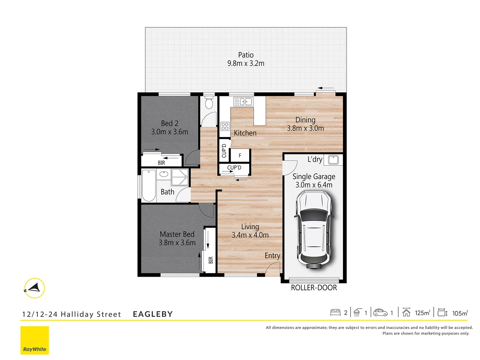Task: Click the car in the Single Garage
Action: click(314, 230)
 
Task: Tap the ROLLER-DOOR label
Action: click(314, 288)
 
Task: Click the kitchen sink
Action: click(243, 101)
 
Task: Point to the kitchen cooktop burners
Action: click(225, 126)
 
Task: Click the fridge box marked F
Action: click(240, 156)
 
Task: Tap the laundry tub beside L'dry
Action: click(333, 160)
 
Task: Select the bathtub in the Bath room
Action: click(149, 185)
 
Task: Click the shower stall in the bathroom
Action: click(180, 177)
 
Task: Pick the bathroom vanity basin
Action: click(164, 174)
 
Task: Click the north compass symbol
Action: click(34, 288)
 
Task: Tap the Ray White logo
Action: click(35, 340)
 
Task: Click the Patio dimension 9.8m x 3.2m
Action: click(246, 63)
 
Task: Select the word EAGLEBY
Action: click(153, 314)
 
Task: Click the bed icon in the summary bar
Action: click(335, 313)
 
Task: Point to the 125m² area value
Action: click(422, 313)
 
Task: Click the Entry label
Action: click(272, 256)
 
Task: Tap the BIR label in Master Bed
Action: click(211, 260)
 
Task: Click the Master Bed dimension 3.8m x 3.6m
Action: click(177, 243)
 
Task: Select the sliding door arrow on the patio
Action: click(325, 88)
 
